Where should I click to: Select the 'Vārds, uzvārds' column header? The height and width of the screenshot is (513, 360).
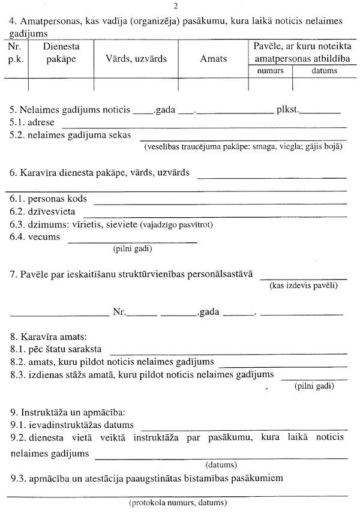136,59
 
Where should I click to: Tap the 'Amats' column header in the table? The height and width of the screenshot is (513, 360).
214,59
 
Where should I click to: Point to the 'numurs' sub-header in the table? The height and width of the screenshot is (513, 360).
270,71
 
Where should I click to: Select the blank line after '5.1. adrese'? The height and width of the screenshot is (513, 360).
204,126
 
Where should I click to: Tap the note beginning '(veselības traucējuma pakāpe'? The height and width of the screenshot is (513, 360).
242,146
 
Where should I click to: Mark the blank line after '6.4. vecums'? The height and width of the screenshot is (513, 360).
132,242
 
